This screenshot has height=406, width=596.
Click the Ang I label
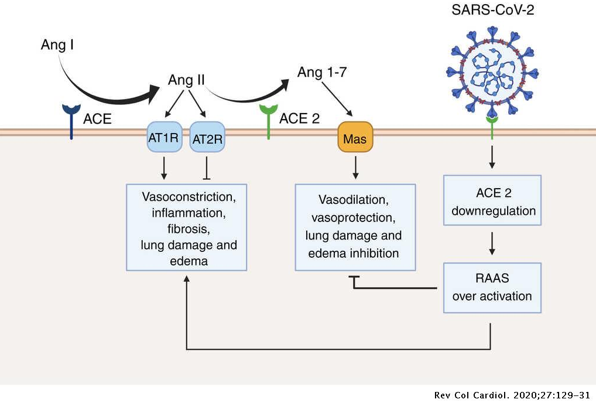point(57,44)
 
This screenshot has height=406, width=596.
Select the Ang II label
point(186,80)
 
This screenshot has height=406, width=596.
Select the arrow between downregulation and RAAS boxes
point(492,243)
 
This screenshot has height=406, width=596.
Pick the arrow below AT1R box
point(165,168)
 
